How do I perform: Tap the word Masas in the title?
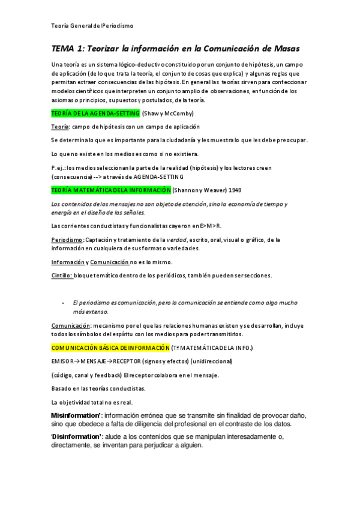[281, 47]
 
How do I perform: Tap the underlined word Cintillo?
[62, 276]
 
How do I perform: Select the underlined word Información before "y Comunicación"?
[67, 262]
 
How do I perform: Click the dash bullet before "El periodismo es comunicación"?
[64, 303]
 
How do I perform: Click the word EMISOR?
[62, 361]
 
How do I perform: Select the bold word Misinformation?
[76, 415]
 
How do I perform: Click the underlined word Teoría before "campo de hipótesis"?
[60, 127]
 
